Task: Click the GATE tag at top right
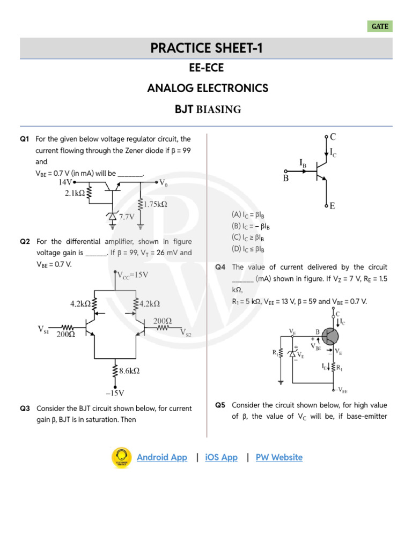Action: (380, 26)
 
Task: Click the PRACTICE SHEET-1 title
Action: (206, 49)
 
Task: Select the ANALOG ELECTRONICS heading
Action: (207, 88)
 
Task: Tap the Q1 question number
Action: (25, 139)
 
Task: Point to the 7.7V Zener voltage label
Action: (127, 217)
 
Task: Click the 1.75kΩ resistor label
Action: (156, 204)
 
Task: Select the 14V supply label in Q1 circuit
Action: (67, 182)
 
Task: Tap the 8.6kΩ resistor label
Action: (129, 370)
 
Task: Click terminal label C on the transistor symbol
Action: (333, 136)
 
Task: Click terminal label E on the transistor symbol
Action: (333, 205)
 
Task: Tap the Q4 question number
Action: (220, 267)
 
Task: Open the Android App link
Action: (162, 457)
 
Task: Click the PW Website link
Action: (279, 457)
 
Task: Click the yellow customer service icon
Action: (121, 457)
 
